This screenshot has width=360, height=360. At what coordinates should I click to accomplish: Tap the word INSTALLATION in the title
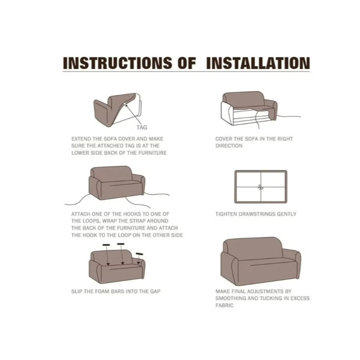click(257, 63)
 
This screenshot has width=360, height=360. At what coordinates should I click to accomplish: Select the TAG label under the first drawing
click(141, 128)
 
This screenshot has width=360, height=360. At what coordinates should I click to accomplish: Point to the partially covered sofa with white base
click(249, 109)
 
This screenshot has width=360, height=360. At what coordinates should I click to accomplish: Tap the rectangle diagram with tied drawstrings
click(260, 187)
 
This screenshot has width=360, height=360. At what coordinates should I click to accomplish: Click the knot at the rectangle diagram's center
click(260, 188)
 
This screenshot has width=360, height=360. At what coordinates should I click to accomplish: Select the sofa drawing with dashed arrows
click(117, 264)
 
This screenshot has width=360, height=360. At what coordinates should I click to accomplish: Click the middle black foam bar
click(121, 244)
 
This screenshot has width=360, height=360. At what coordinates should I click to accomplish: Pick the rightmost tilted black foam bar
click(140, 254)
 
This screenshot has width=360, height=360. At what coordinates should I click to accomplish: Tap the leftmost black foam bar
click(106, 246)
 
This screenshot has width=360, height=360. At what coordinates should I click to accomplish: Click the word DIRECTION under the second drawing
click(229, 146)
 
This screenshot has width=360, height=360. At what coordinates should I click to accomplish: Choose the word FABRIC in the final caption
click(225, 305)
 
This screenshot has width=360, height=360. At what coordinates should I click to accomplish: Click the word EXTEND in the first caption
click(81, 139)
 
